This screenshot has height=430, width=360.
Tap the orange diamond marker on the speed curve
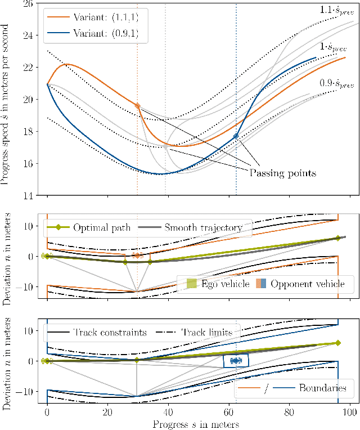point(137,106)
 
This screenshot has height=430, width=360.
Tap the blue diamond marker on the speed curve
point(236,136)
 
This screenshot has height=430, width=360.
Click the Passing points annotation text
point(283,173)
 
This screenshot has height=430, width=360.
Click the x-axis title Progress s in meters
point(195,424)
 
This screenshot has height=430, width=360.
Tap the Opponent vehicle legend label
point(307,284)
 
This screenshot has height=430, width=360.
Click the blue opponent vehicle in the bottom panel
point(236,360)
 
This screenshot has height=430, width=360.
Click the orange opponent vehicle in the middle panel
point(137,256)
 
